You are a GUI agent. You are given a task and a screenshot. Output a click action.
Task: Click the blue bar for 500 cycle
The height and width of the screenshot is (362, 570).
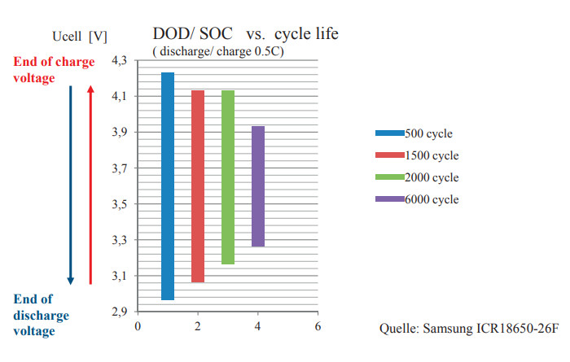pyautogui.click(x=168, y=186)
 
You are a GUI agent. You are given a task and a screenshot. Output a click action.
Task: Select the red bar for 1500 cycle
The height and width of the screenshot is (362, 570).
pyautogui.click(x=197, y=186)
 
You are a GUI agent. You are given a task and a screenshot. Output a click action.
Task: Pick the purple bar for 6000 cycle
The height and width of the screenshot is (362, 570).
pyautogui.click(x=257, y=186)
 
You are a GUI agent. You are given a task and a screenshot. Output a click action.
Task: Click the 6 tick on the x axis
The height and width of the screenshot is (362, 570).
pyautogui.click(x=318, y=326)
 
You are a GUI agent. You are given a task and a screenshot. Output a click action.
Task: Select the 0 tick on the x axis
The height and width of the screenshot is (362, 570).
pyautogui.click(x=138, y=326)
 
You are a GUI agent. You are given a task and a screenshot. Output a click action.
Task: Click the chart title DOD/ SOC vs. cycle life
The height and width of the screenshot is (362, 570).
pyautogui.click(x=245, y=34)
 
